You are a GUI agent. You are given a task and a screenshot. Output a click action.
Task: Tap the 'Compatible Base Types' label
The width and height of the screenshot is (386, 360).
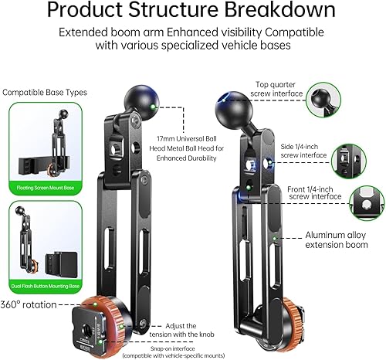pyautogui.click(x=44, y=93)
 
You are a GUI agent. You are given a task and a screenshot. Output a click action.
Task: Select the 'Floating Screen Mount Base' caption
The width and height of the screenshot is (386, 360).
pyautogui.click(x=47, y=188)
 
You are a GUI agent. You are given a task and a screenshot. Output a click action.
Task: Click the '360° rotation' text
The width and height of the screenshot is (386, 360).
pyautogui.click(x=29, y=304)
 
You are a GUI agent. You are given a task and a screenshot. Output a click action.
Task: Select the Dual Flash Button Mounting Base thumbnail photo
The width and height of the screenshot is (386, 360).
pyautogui.click(x=47, y=241)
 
